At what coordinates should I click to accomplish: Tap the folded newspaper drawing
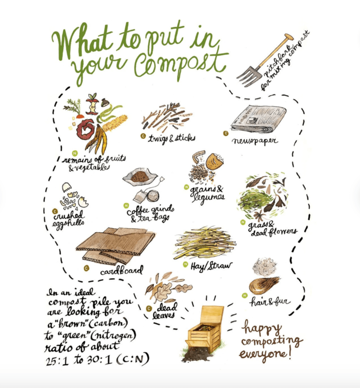(259, 119)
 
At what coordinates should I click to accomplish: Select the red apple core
(92, 105)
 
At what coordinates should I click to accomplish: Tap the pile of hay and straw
(204, 243)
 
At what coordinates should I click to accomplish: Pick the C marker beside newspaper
(226, 134)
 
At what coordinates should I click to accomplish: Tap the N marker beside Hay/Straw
(185, 265)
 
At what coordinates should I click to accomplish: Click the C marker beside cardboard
(87, 268)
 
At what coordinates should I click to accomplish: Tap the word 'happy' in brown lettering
(263, 329)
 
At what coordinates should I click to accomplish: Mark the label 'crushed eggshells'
(68, 219)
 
